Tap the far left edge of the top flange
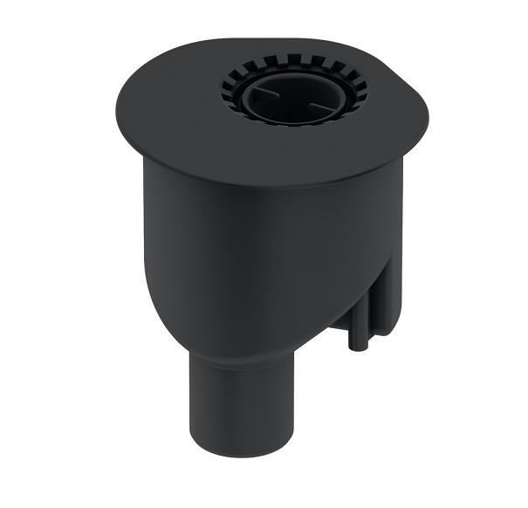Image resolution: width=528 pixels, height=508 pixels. pos(118,113)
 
